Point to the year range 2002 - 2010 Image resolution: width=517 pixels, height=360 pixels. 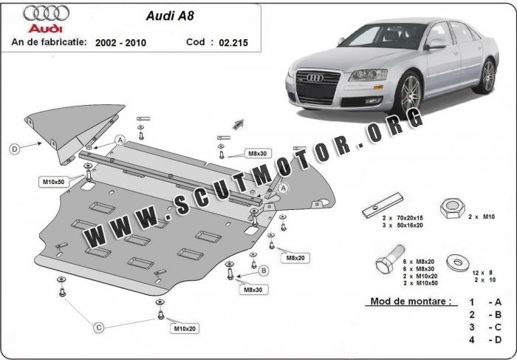[120, 43]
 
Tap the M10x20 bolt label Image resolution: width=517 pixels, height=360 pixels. [185, 327]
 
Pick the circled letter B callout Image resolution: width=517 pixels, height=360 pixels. [264, 271]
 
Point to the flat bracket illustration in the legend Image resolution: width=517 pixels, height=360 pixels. [383, 207]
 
